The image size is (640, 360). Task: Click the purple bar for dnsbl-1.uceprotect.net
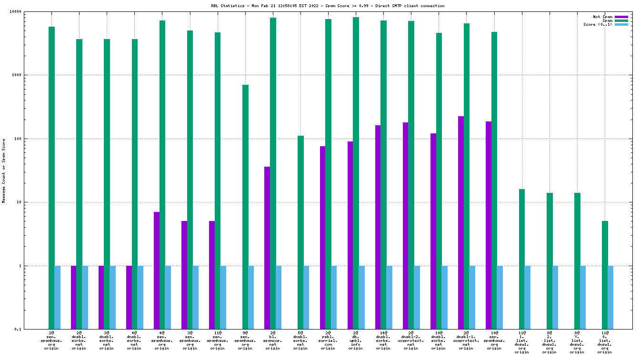pos(460,214)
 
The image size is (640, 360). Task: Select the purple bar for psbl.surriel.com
pos(322,238)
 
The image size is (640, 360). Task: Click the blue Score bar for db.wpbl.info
pos(361,297)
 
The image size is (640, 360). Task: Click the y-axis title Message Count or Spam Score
pos(4,170)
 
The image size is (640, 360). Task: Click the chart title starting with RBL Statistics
pos(328,6)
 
